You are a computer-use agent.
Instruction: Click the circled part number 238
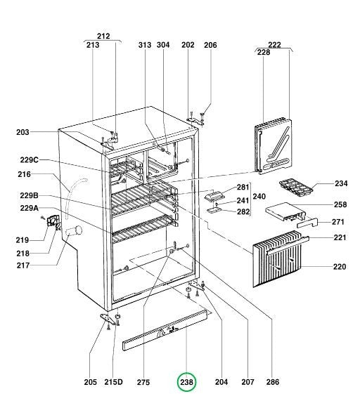point(186,382)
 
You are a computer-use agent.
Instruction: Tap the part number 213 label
point(92,45)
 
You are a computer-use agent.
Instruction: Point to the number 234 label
point(341,183)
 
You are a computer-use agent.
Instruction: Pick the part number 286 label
point(272,382)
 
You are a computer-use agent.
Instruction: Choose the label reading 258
point(341,204)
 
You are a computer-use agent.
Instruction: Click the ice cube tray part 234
point(295,186)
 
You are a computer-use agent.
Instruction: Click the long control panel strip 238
point(167,330)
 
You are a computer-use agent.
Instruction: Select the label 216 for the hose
point(25,174)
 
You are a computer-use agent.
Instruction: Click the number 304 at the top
point(163,45)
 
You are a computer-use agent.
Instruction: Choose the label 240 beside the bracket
point(259,197)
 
